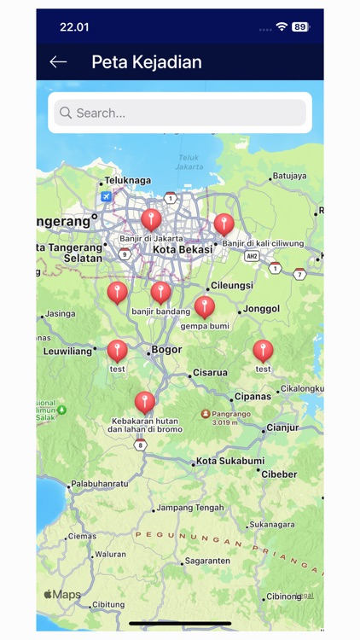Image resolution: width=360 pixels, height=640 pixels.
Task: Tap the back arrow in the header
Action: (58, 61)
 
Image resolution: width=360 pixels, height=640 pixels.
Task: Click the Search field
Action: (179, 113)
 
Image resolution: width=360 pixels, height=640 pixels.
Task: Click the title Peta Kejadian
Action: (146, 61)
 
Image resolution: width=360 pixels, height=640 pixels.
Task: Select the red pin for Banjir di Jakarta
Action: (151, 219)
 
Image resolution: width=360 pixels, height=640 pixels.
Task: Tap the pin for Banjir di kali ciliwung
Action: (224, 224)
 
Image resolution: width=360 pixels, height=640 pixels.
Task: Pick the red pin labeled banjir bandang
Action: (160, 292)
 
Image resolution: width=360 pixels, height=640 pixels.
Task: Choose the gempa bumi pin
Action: (205, 306)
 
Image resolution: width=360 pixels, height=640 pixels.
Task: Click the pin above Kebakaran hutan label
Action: (145, 402)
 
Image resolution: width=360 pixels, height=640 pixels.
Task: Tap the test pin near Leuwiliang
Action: (118, 350)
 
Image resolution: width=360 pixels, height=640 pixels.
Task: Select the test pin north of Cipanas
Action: (263, 350)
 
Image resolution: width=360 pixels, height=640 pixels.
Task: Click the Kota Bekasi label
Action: (182, 249)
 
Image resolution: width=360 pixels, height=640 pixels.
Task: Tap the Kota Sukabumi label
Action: (229, 461)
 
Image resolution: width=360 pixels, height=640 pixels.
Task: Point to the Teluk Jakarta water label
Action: (189, 161)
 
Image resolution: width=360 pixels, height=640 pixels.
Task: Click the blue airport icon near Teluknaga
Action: (106, 196)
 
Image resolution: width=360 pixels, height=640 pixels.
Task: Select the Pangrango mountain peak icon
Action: (206, 414)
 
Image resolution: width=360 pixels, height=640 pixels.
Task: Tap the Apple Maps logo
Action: (62, 594)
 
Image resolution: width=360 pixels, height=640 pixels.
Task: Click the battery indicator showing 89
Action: (300, 26)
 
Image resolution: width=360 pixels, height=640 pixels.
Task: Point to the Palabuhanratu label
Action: (99, 484)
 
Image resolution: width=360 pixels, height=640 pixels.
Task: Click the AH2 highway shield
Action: (251, 255)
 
